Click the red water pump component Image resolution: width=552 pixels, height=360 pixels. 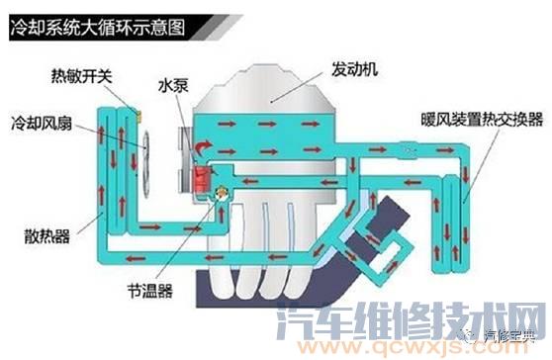(x=201, y=179)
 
